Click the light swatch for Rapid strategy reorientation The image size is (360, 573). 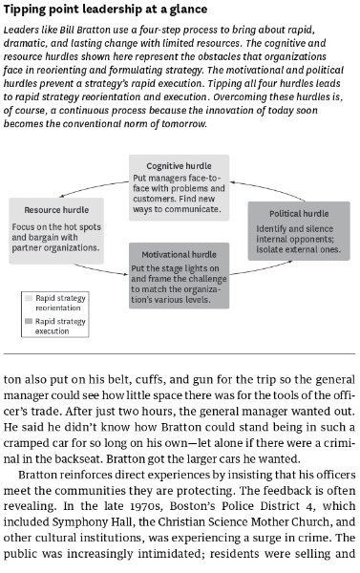tap(27, 299)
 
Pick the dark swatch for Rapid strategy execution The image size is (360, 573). tap(27, 322)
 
